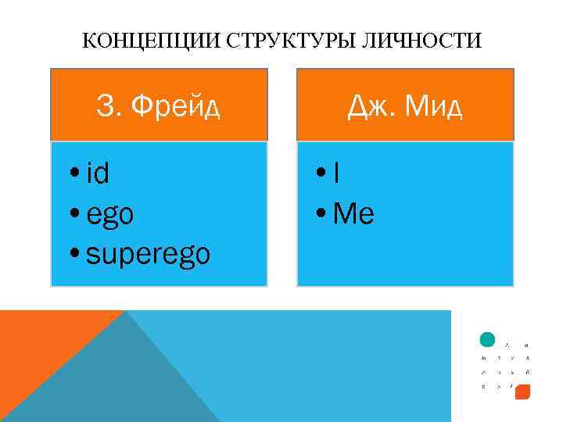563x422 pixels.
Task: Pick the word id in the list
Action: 98,173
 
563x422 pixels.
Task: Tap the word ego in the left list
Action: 110,215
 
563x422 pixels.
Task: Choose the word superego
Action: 149,255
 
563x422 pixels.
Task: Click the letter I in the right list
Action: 336,173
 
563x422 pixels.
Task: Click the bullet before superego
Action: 74,255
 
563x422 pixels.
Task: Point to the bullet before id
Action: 74,173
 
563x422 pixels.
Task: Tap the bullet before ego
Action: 74,214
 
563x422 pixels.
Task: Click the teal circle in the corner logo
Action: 487,340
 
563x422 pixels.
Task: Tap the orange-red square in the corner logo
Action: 523,391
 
